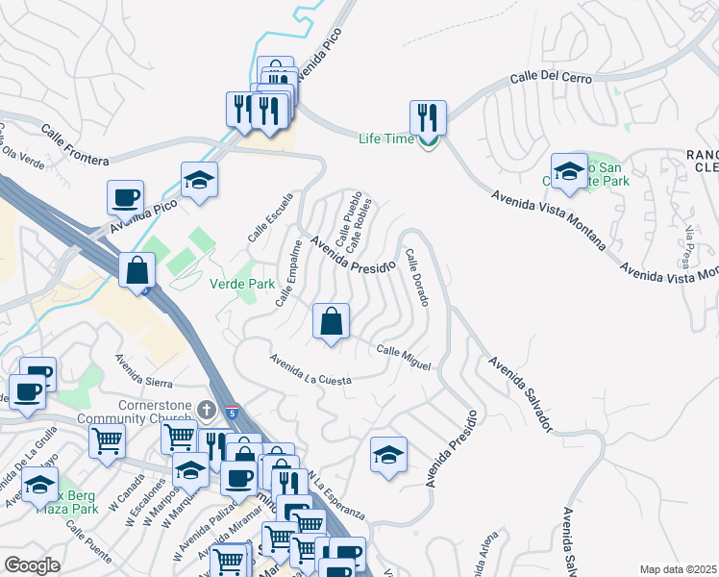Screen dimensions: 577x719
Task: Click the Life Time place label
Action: pyautogui.click(x=384, y=138)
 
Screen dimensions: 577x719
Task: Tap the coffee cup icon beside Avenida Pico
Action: pyautogui.click(x=125, y=198)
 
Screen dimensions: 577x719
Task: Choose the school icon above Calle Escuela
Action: pyautogui.click(x=199, y=180)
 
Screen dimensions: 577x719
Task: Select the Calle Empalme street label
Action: pyautogui.click(x=289, y=274)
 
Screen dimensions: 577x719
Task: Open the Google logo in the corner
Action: pyautogui.click(x=32, y=565)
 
